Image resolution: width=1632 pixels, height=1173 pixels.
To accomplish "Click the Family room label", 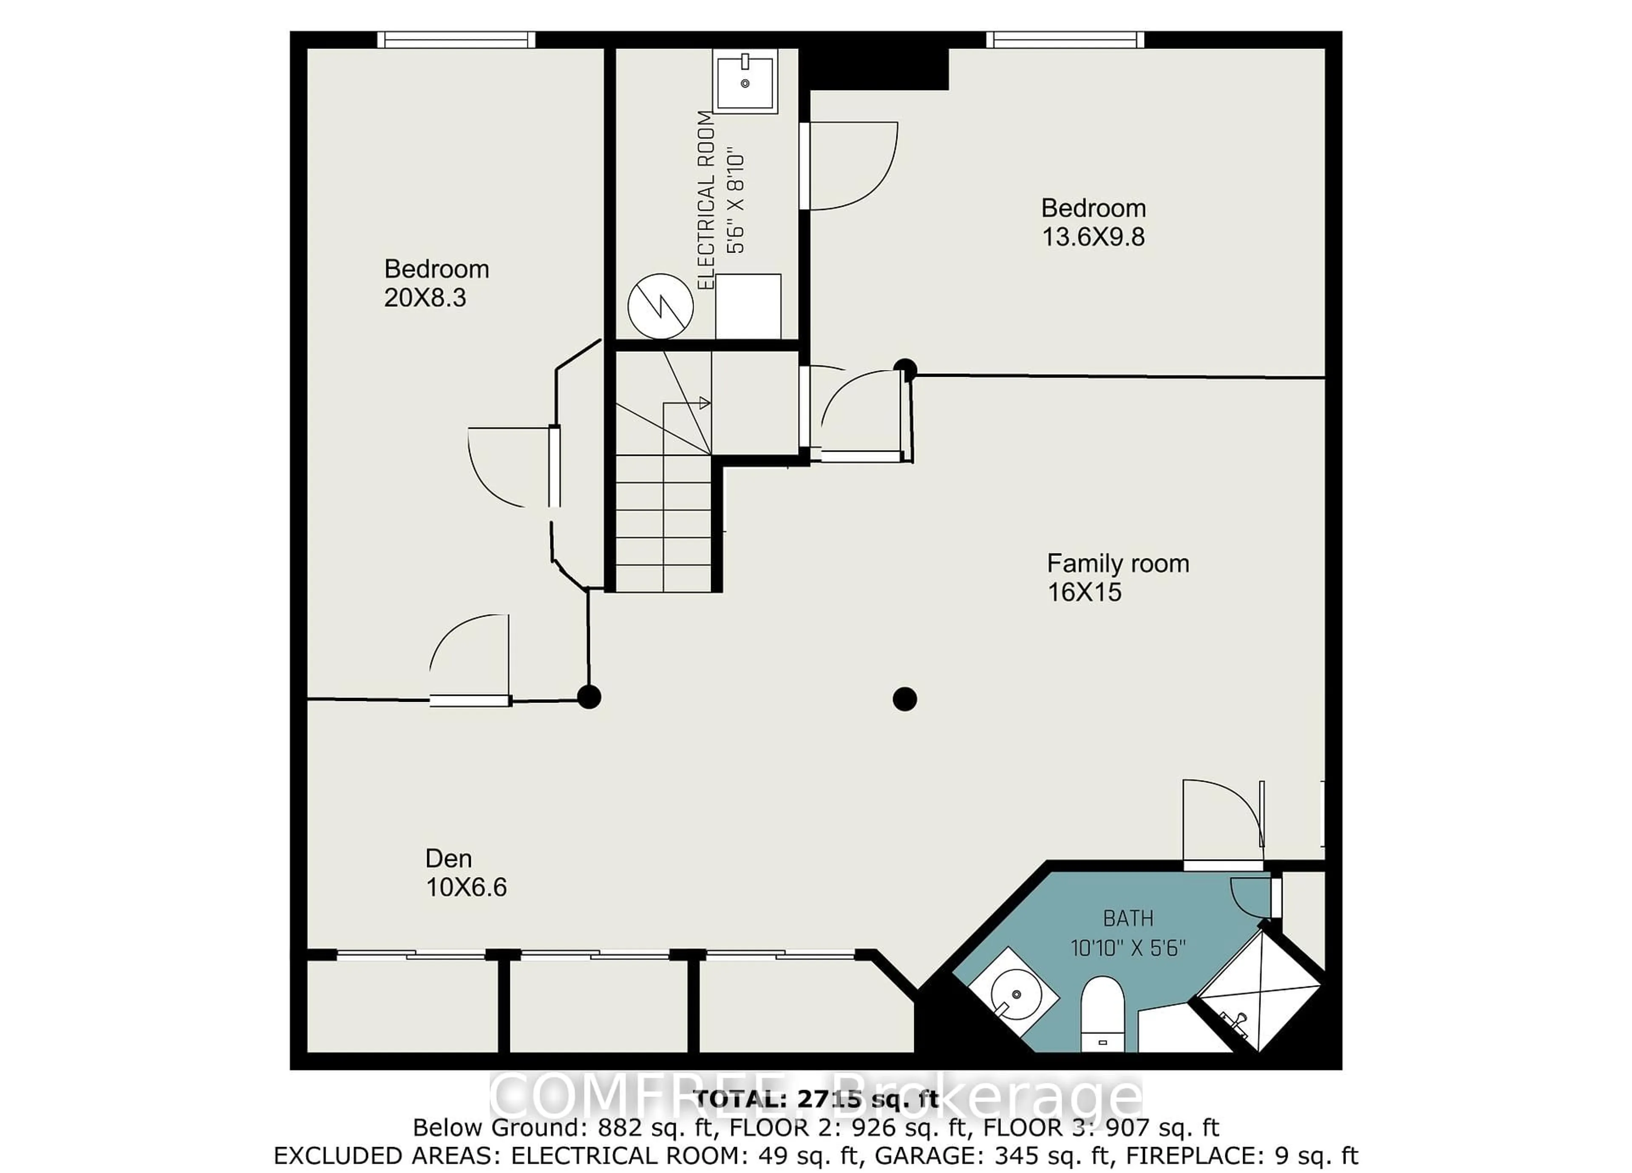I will pyautogui.click(x=1117, y=563).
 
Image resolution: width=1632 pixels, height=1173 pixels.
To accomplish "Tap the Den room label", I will pyautogui.click(x=448, y=858).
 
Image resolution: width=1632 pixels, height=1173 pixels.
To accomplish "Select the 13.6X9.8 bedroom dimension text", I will pyautogui.click(x=1093, y=237).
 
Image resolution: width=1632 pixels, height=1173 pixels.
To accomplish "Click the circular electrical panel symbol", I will pyautogui.click(x=660, y=307).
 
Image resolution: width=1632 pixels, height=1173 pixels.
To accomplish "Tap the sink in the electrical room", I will pyautogui.click(x=745, y=81).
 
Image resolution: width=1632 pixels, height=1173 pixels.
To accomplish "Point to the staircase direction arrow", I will pyautogui.click(x=704, y=403).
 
